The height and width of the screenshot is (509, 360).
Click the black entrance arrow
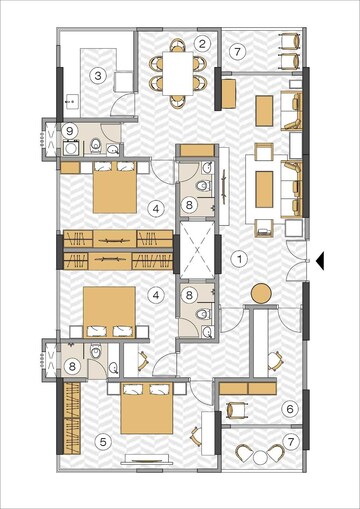click(320, 260)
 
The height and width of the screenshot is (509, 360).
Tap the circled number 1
click(239, 259)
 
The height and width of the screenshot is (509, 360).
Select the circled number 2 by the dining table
click(202, 43)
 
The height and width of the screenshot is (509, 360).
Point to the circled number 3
click(98, 76)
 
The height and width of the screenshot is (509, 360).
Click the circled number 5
click(103, 442)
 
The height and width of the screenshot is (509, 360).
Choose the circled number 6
click(290, 409)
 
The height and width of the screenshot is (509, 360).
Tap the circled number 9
click(70, 131)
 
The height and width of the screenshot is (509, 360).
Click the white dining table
click(178, 74)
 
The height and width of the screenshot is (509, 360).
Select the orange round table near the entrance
click(261, 293)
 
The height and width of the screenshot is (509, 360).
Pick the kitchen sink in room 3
click(71, 102)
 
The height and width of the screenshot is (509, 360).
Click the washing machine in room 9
click(71, 148)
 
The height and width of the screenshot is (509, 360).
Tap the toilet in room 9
click(96, 145)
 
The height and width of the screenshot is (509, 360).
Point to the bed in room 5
click(147, 408)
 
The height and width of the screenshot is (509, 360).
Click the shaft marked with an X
click(197, 249)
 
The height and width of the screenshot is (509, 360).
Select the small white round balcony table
click(260, 457)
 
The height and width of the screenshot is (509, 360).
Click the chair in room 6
click(236, 410)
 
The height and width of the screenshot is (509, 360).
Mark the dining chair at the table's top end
click(178, 45)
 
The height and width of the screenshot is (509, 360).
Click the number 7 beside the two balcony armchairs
click(238, 51)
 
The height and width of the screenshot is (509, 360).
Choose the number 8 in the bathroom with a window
click(72, 367)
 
